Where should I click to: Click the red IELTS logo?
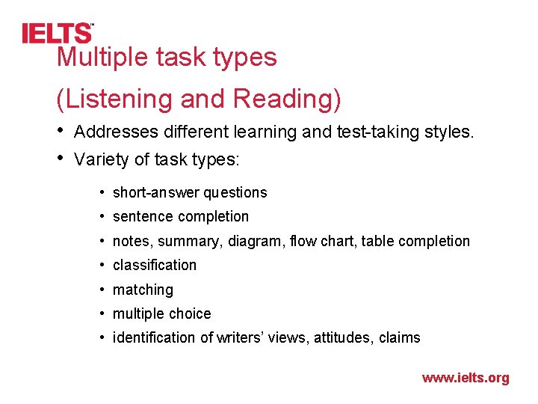(x=57, y=33)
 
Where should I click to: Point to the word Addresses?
(x=116, y=132)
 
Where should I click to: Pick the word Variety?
(x=102, y=159)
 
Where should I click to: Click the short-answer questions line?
(x=189, y=192)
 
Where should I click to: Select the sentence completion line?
(x=180, y=216)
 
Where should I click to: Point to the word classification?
(x=154, y=265)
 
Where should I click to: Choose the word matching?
(x=143, y=290)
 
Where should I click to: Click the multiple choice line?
(x=161, y=313)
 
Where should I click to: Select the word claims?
(x=399, y=337)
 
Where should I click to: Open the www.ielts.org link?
(x=465, y=378)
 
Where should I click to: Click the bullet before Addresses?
(x=61, y=132)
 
